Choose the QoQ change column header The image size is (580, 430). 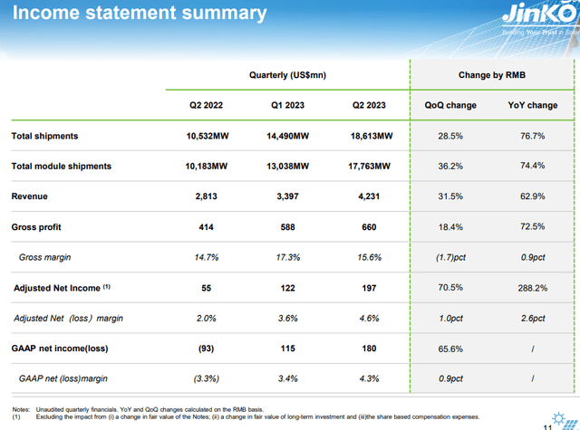pyautogui.click(x=450, y=105)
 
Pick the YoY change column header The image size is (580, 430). pyautogui.click(x=532, y=105)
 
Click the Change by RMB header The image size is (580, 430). pyautogui.click(x=491, y=74)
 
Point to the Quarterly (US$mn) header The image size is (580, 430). pyautogui.click(x=286, y=74)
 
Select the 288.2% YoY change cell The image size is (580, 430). pyautogui.click(x=532, y=288)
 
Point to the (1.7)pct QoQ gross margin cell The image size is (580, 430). pyautogui.click(x=450, y=257)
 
